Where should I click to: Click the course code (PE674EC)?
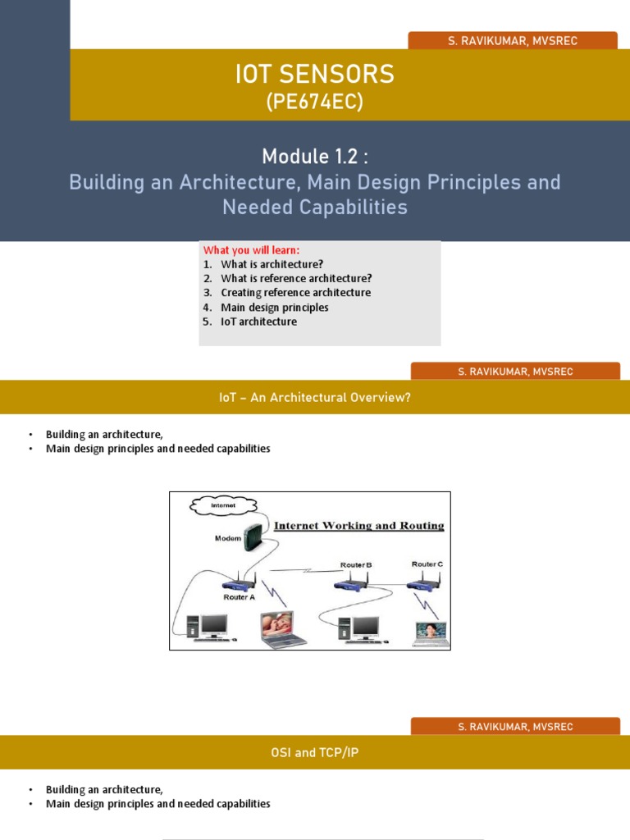click(314, 103)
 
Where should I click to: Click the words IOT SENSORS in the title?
click(314, 75)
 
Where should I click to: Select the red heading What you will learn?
click(252, 250)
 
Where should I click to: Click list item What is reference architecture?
click(296, 278)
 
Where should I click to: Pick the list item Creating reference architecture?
click(295, 293)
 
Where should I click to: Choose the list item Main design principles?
click(274, 308)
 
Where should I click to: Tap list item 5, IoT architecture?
click(258, 322)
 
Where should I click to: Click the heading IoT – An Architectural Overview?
click(314, 398)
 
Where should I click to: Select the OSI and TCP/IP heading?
click(315, 753)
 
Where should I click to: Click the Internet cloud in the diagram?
click(222, 505)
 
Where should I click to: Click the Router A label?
click(239, 598)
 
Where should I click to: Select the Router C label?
click(427, 564)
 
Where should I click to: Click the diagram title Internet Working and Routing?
click(358, 525)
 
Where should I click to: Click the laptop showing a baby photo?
click(282, 629)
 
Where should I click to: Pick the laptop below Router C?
click(429, 633)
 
